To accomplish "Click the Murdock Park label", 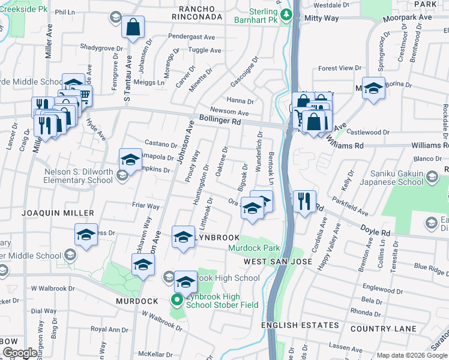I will pyautogui.click(x=254, y=248).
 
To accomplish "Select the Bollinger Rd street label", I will pyautogui.click(x=220, y=121).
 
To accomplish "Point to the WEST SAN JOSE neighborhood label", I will pyautogui.click(x=278, y=262).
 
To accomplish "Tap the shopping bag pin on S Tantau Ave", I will pyautogui.click(x=133, y=28).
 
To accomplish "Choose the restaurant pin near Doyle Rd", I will pyautogui.click(x=304, y=202).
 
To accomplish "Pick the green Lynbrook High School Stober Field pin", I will pyautogui.click(x=177, y=300).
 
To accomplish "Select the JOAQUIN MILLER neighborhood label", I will pyautogui.click(x=58, y=213).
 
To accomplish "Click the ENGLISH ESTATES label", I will pyautogui.click(x=300, y=326).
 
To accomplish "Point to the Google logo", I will pyautogui.click(x=20, y=353).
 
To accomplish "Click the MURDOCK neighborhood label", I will pyautogui.click(x=137, y=301).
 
